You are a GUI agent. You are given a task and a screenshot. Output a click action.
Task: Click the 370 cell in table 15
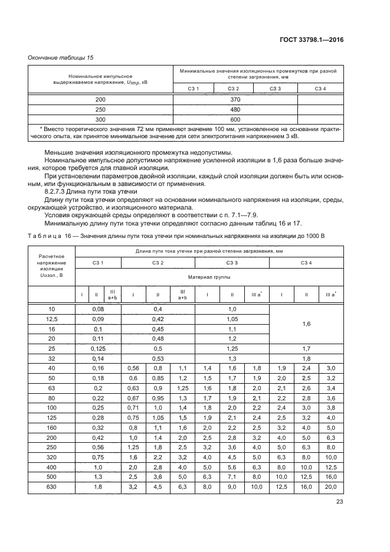point(235,100)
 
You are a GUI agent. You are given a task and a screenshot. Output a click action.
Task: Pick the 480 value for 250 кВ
point(235,110)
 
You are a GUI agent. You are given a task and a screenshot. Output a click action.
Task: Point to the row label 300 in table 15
point(100,119)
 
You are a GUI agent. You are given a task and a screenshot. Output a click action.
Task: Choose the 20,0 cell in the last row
point(330,487)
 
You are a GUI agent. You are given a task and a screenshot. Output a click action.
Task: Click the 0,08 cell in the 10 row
point(98,309)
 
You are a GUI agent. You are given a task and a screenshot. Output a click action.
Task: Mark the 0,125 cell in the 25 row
point(98,349)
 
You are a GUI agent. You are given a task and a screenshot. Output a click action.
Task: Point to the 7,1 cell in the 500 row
point(232,477)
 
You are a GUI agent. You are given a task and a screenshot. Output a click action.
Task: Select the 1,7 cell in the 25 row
point(306,349)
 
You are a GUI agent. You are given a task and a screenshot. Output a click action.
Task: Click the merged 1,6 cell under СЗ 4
point(306,324)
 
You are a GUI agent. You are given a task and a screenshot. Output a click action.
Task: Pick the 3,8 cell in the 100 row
point(330,408)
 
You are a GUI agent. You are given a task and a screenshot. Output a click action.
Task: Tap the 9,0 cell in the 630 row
point(232,487)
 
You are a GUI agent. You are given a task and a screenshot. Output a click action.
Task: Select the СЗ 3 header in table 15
point(275,89)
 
